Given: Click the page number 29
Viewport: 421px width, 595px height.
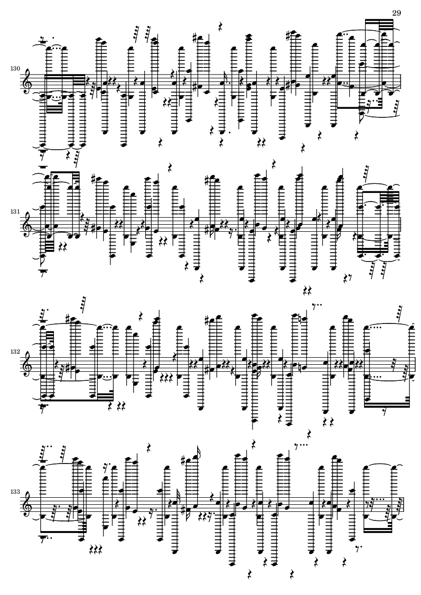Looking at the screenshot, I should [396, 13].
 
